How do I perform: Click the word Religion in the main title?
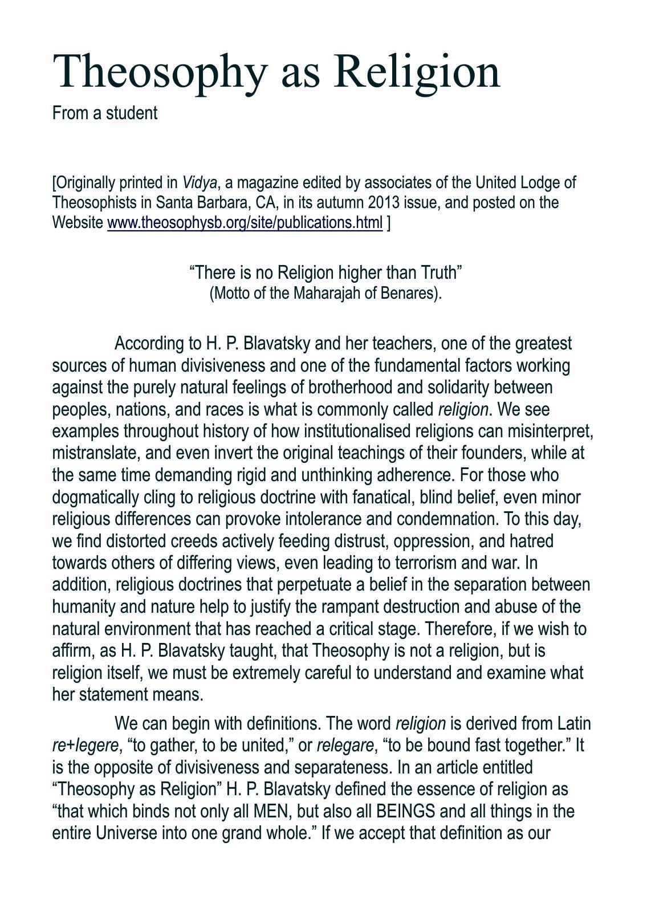[x=418, y=71]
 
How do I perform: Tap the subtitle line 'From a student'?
[x=104, y=113]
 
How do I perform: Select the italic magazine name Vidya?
[x=199, y=183]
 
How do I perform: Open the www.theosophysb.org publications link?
[x=245, y=222]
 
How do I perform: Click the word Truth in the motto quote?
[x=440, y=273]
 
